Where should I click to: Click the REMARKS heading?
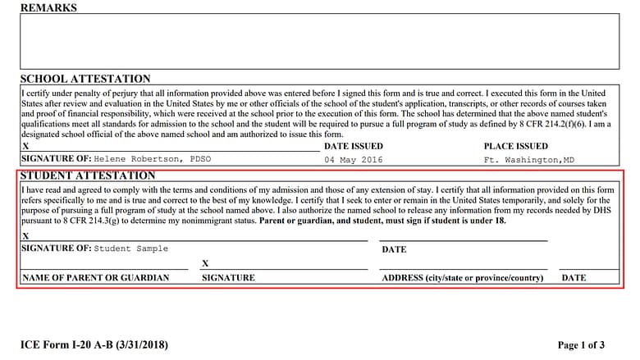[x=48, y=7]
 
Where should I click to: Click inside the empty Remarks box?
[x=319, y=41]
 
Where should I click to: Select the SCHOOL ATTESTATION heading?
[x=85, y=79]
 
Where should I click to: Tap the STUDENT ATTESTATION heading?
[x=88, y=175]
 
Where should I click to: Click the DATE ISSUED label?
[x=354, y=146]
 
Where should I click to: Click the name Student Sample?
[x=131, y=248]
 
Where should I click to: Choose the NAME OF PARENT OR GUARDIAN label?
[x=95, y=278]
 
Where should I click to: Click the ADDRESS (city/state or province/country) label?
[x=463, y=278]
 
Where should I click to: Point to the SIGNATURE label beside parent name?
[x=228, y=278]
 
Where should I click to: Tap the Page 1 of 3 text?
[x=581, y=345]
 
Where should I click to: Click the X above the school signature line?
[x=25, y=146]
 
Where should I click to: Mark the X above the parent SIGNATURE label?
[x=205, y=264]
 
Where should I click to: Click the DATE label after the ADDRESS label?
[x=574, y=278]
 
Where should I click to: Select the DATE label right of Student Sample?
[x=394, y=249]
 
